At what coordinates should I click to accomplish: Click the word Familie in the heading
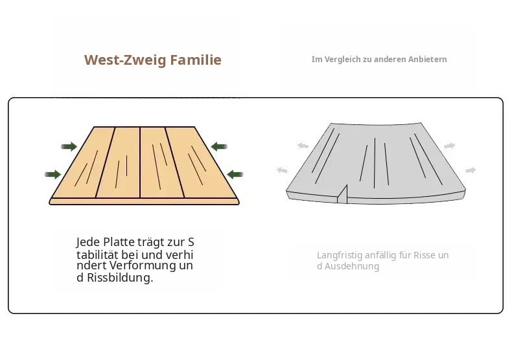[x=196, y=60]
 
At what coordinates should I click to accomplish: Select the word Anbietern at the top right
[x=426, y=60]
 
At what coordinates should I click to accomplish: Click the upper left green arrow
[x=69, y=146]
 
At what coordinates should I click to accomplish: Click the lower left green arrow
[x=53, y=174]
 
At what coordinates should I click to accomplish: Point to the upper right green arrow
[x=219, y=146]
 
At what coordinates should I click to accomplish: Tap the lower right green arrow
[x=235, y=174]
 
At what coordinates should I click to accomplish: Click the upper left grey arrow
[x=303, y=146]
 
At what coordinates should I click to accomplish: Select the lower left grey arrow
[x=282, y=170]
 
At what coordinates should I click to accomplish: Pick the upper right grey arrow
[x=449, y=146]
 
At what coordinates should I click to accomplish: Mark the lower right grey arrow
[x=471, y=170]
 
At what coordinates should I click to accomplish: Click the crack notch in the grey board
[x=343, y=195]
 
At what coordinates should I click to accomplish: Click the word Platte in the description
[x=119, y=242]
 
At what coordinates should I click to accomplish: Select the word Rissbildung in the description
[x=120, y=278]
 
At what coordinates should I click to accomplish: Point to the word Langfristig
[x=340, y=255]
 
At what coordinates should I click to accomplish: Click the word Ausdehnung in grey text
[x=352, y=266]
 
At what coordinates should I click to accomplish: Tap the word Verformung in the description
[x=143, y=265]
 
